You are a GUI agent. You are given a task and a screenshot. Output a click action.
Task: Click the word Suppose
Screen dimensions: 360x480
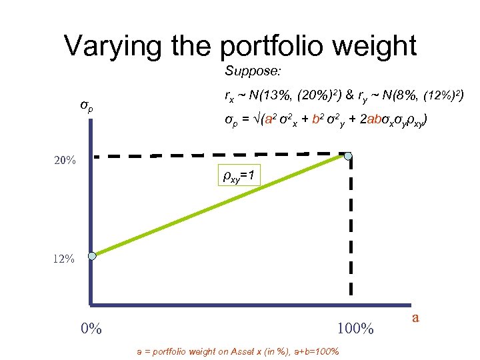[247, 70]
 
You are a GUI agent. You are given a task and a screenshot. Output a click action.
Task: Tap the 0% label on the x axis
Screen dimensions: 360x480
[91, 329]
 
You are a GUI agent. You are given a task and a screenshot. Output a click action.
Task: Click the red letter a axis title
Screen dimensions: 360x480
[415, 317]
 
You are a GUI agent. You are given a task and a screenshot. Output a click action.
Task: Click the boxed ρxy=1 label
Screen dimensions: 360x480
[235, 176]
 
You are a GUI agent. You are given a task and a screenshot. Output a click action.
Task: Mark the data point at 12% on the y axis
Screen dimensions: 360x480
[93, 255]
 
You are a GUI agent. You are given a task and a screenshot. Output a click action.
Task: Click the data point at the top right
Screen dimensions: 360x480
[349, 157]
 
